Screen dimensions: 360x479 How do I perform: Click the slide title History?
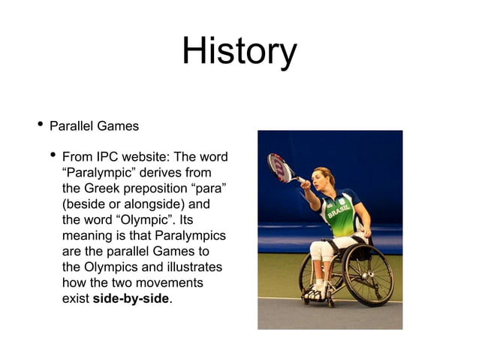[239, 53]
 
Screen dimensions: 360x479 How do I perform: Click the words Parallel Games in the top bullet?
[94, 126]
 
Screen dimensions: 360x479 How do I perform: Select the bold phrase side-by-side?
[131, 299]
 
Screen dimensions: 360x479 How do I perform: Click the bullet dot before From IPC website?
[52, 156]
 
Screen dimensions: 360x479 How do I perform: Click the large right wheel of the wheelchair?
[368, 274]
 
